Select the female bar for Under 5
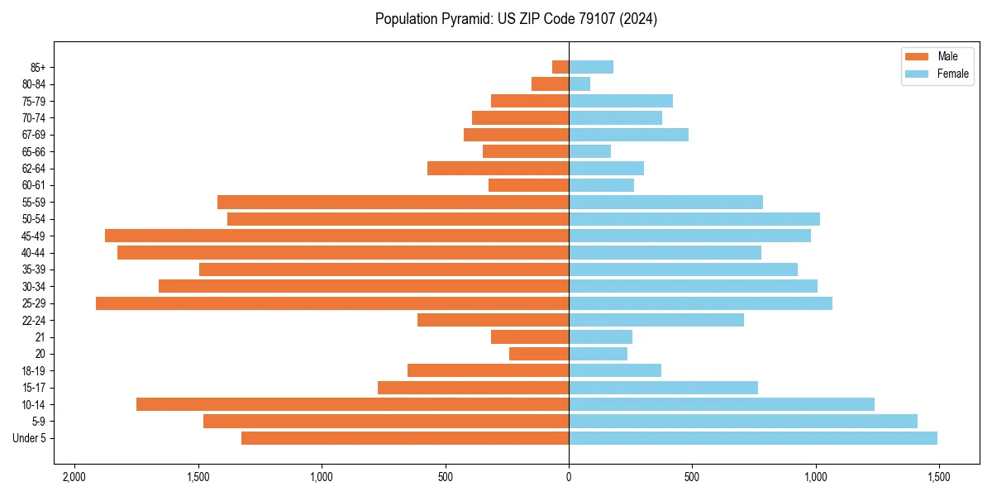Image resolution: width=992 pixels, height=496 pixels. point(752,438)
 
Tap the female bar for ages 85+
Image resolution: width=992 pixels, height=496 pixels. point(591,67)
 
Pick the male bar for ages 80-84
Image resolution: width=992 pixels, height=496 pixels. point(550,84)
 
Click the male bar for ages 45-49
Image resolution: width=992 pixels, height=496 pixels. point(336,236)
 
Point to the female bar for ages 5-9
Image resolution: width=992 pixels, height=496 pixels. point(742,422)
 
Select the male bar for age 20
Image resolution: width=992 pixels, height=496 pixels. point(539,354)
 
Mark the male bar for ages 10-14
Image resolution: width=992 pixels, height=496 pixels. point(352,404)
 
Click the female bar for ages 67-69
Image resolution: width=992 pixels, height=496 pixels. point(628,135)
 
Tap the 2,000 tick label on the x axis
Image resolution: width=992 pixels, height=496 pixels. point(74,477)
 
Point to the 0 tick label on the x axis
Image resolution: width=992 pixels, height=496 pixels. point(569,477)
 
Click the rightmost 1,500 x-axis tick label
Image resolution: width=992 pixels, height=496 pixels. point(938,477)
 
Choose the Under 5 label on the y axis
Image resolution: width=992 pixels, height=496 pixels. point(30,438)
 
